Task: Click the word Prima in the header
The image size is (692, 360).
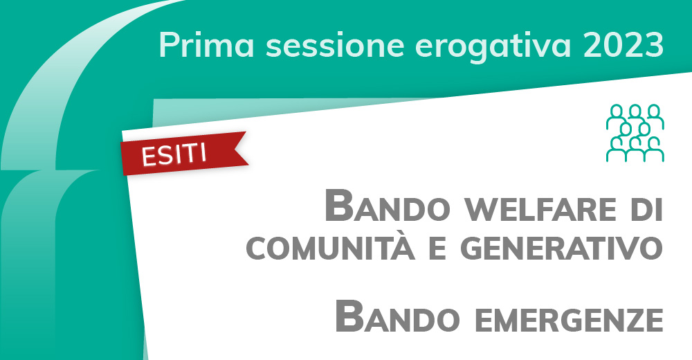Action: coord(206,44)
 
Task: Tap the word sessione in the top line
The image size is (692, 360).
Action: coord(335,45)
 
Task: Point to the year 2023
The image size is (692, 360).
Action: coord(623,44)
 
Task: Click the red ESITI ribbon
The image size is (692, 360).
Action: coord(183,153)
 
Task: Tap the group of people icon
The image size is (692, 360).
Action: coord(635,133)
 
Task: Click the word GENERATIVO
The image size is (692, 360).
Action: coord(561,248)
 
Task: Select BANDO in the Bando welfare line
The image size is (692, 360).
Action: coord(387,206)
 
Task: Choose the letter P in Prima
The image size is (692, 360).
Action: coord(167,45)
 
